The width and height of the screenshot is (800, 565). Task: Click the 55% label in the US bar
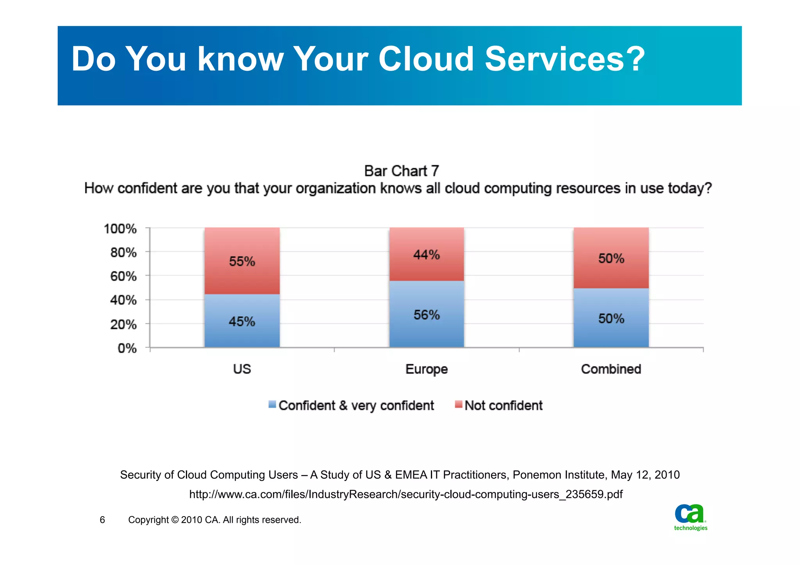click(242, 261)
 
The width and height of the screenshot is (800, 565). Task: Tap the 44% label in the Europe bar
click(427, 255)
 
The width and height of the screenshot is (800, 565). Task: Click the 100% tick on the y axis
click(120, 229)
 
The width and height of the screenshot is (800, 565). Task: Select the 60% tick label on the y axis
click(123, 276)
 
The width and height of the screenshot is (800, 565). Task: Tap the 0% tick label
click(127, 348)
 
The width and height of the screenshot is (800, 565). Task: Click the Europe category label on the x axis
click(427, 369)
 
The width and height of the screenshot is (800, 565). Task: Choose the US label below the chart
click(242, 369)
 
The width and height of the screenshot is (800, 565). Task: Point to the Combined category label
click(611, 369)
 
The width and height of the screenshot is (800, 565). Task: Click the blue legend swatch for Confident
click(272, 405)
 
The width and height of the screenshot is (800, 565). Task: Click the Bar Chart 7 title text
click(402, 171)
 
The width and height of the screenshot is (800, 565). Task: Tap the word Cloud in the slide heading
click(426, 59)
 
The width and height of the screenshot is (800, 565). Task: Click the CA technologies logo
click(691, 517)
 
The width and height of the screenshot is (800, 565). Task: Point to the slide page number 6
click(102, 520)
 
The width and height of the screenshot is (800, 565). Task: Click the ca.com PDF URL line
click(406, 494)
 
